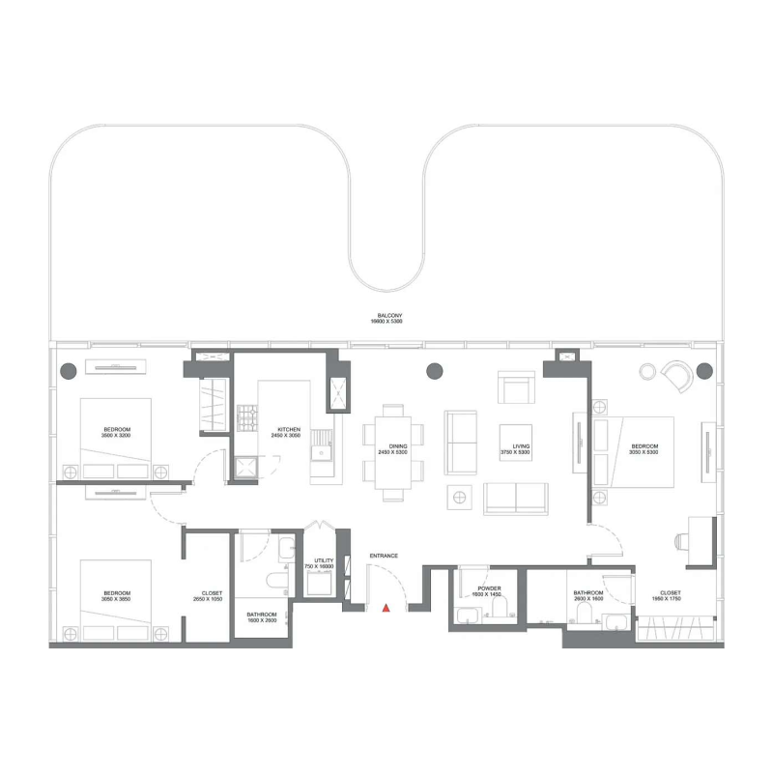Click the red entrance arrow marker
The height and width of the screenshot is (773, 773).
tap(386, 608)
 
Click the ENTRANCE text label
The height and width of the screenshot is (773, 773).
tap(384, 556)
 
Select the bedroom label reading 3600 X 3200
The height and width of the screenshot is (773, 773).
tap(117, 432)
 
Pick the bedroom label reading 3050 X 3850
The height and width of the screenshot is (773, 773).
tap(117, 596)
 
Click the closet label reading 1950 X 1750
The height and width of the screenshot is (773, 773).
tap(671, 596)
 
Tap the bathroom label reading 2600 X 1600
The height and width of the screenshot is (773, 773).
tap(588, 596)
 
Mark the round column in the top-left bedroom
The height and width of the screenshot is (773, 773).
tap(68, 369)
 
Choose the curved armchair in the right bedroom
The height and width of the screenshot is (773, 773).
tap(679, 375)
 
